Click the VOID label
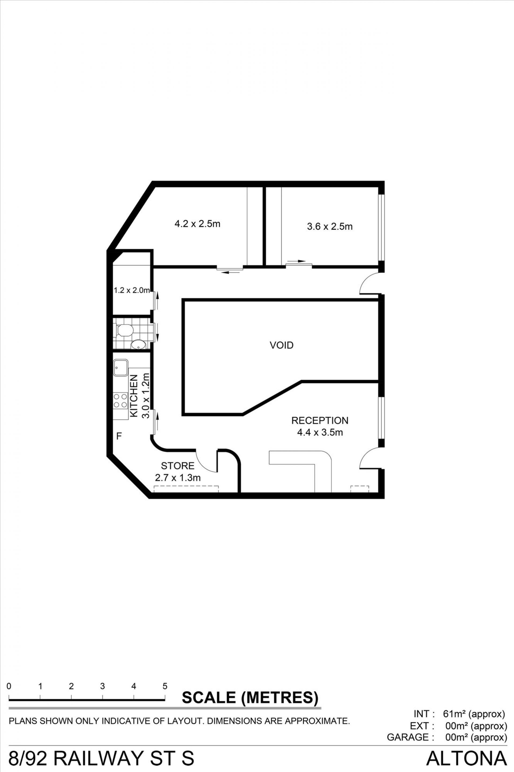pyautogui.click(x=281, y=345)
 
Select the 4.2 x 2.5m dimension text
pyautogui.click(x=197, y=224)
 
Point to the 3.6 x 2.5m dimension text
pyautogui.click(x=330, y=227)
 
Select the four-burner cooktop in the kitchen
pyautogui.click(x=121, y=401)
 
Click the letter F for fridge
pyautogui.click(x=119, y=436)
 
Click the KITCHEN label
pyautogui.click(x=134, y=396)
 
